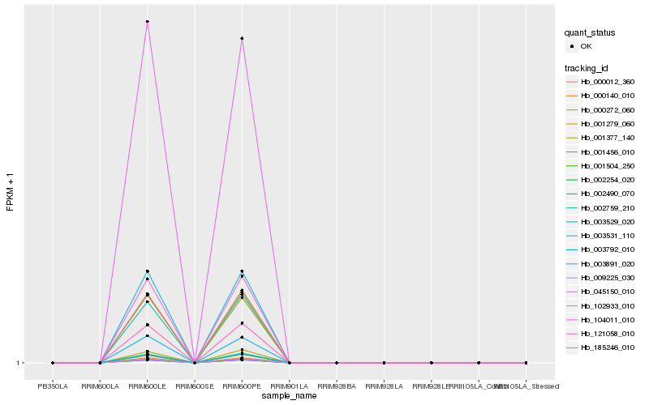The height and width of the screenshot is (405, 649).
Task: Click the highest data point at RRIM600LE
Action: point(147,22)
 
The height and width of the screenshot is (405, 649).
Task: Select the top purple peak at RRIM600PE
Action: point(242,39)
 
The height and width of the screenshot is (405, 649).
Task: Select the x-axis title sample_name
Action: point(289,396)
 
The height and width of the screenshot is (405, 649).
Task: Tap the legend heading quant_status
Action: point(591,33)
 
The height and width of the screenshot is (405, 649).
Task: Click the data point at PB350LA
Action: point(53,363)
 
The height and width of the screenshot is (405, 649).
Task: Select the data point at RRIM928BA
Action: point(337,363)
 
